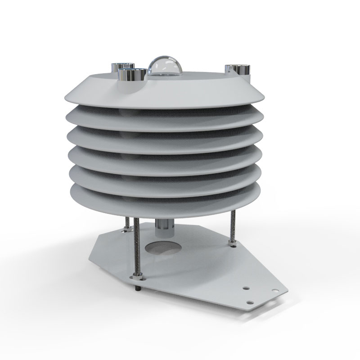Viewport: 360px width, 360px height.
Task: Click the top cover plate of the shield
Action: point(193,90)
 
